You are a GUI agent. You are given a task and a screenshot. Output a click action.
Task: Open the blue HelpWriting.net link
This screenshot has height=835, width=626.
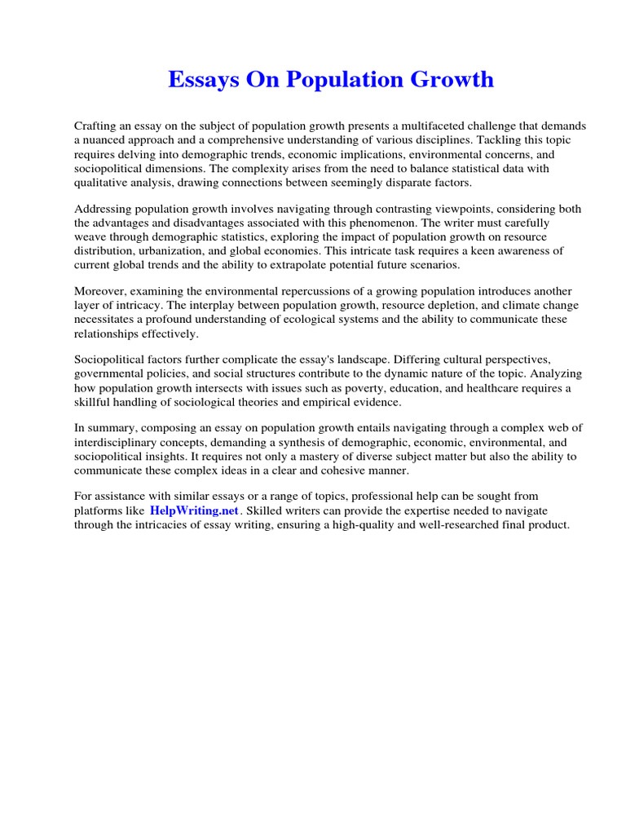coord(195,510)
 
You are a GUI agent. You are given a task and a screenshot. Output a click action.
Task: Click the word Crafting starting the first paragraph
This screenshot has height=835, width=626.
coord(98,126)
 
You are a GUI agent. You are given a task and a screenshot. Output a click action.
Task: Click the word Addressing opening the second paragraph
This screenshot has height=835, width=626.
coord(103,210)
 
